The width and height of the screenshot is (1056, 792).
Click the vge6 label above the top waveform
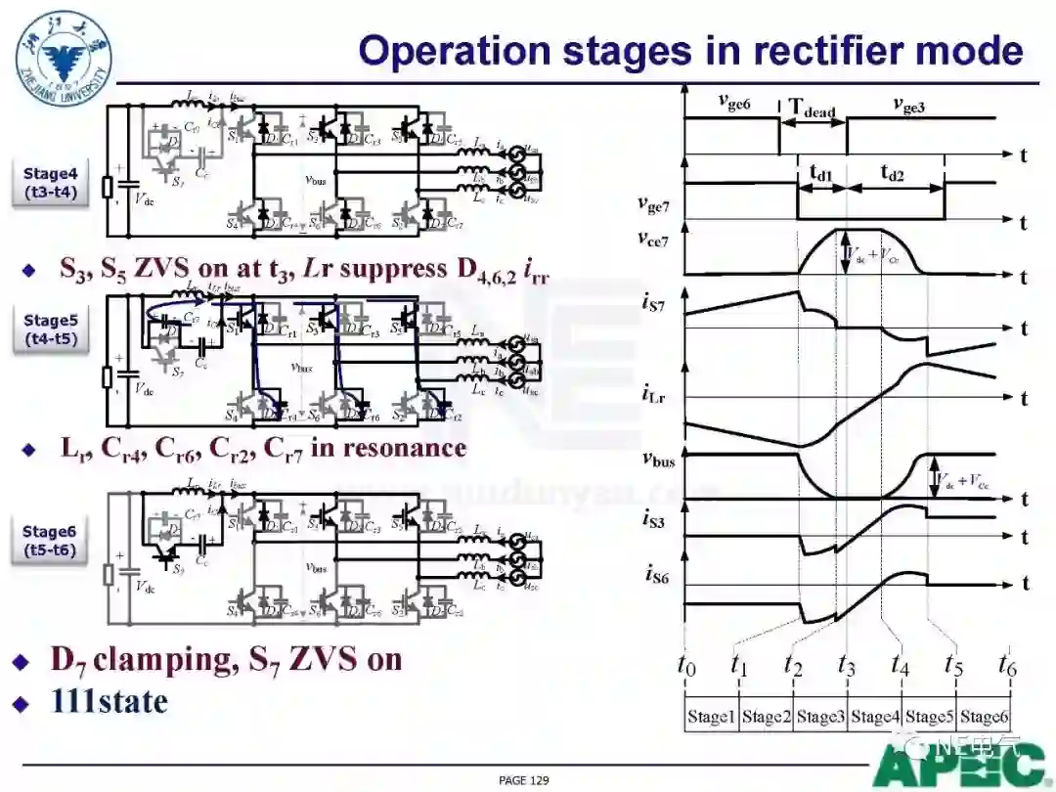733,101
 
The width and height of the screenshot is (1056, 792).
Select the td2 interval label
892,173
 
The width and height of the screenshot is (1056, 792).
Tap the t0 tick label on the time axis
686,664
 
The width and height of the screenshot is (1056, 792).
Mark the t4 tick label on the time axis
901,664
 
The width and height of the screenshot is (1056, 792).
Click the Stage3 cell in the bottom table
819,717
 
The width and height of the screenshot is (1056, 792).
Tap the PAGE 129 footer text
523,779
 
